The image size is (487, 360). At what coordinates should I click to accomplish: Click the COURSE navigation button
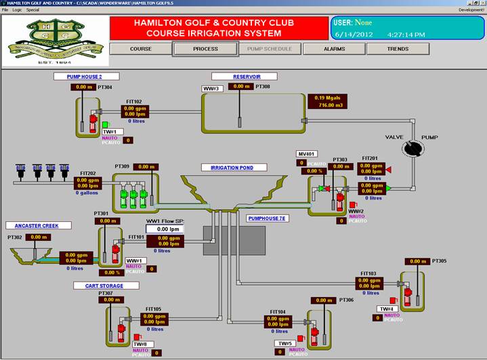140,49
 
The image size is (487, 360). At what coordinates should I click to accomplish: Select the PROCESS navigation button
205,49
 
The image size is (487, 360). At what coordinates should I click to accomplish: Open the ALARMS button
334,49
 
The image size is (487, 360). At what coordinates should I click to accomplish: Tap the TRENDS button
398,49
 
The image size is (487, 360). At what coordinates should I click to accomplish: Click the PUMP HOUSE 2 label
84,76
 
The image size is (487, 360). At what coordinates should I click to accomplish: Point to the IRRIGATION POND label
234,167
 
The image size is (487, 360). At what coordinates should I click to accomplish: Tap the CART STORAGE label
99,286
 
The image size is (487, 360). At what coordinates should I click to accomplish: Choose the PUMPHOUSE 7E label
268,219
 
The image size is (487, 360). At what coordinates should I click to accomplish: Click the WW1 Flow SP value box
165,229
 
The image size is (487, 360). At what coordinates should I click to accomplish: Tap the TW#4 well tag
386,309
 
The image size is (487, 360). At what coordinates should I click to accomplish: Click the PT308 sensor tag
263,87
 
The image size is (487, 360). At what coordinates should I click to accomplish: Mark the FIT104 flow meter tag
278,312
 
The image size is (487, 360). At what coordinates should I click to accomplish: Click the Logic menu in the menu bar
17,10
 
